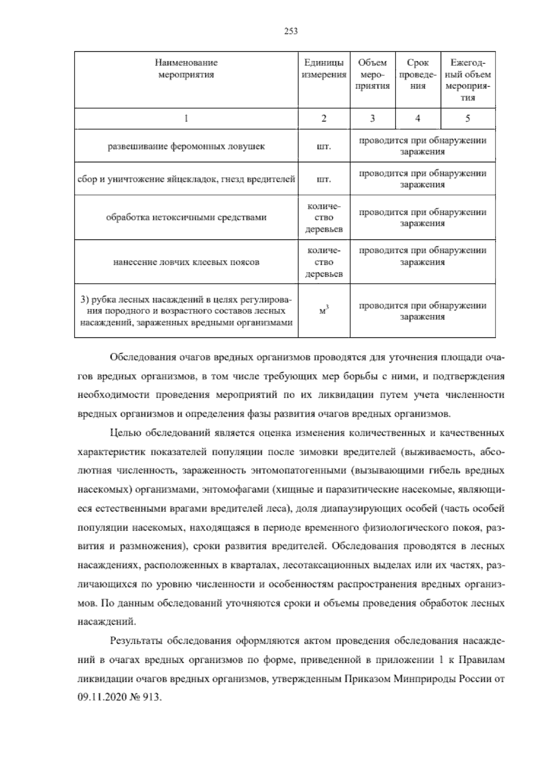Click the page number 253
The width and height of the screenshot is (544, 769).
[291, 31]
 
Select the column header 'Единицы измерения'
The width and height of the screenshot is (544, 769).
[324, 68]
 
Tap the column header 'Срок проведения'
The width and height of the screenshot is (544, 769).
[418, 74]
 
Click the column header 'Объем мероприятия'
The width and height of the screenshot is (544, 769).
[372, 74]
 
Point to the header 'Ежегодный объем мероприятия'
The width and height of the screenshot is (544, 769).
[467, 80]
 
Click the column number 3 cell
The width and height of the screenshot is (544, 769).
[372, 118]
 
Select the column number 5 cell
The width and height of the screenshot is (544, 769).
[467, 118]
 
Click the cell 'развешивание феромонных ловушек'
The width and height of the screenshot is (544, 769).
[186, 146]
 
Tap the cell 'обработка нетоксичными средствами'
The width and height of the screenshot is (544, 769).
[186, 217]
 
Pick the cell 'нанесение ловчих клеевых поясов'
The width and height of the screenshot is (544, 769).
[186, 262]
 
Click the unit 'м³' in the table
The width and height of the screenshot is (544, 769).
[324, 311]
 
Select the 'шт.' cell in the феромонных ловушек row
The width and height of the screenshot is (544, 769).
[324, 146]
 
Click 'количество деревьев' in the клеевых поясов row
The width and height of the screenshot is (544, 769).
[324, 262]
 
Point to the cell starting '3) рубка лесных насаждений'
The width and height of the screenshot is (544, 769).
[186, 311]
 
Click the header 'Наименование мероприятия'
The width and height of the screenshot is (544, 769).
[186, 68]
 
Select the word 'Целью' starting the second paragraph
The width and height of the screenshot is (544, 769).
[124, 433]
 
